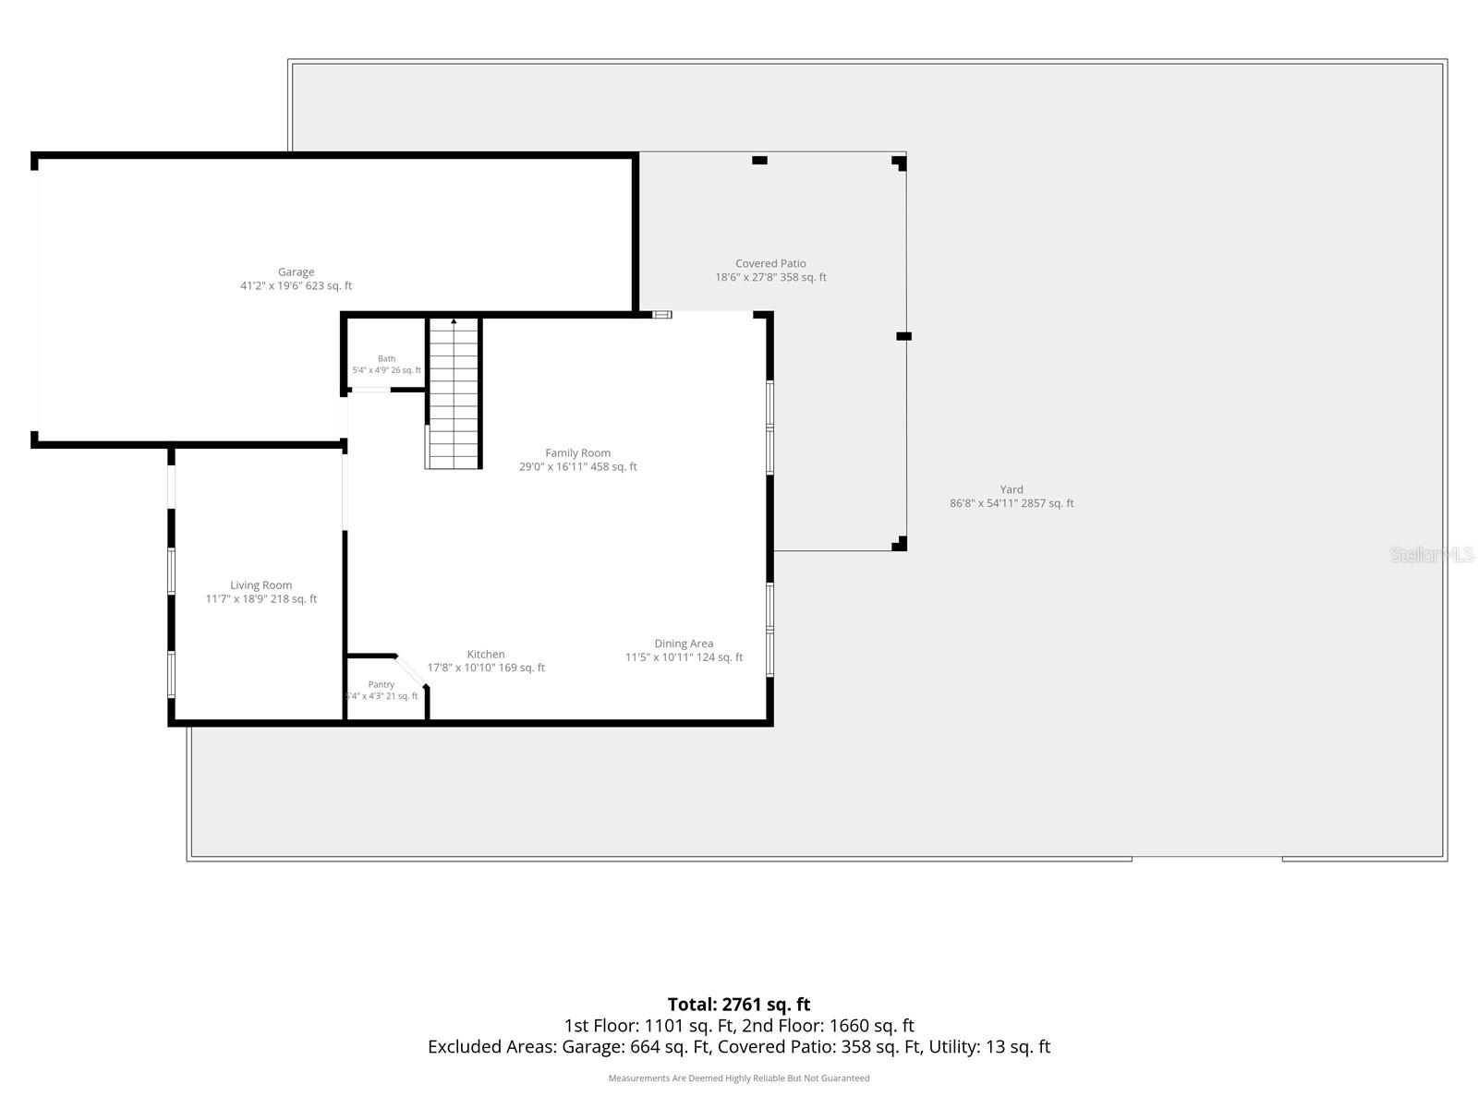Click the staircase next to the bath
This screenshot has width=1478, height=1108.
pyautogui.click(x=454, y=393)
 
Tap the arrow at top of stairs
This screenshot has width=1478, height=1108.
pyautogui.click(x=454, y=321)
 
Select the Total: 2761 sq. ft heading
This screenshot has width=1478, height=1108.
pyautogui.click(x=739, y=1005)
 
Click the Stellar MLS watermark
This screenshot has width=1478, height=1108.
pyautogui.click(x=1431, y=554)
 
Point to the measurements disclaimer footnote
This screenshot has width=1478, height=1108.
pyautogui.click(x=739, y=1078)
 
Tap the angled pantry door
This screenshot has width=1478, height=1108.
pyautogui.click(x=410, y=670)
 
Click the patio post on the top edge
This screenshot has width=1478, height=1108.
pyautogui.click(x=759, y=160)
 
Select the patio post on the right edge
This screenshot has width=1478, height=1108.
pyautogui.click(x=903, y=336)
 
